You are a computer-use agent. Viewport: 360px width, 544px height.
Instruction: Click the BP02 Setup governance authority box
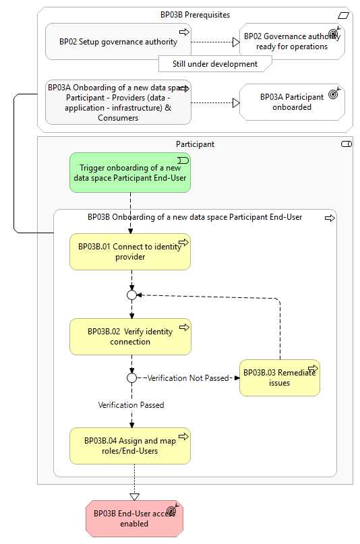coord(118,41)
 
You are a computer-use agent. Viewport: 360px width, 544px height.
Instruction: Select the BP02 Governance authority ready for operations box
coord(292,41)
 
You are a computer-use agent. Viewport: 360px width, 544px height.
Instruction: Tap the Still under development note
coord(215,64)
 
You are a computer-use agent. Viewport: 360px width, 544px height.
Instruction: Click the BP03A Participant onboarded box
coord(292,102)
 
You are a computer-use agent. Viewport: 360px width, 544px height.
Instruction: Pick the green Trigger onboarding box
coord(130,173)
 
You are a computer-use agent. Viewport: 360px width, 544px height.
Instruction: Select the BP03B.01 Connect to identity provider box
coord(130,251)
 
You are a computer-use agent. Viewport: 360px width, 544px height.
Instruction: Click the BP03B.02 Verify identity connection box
coord(130,336)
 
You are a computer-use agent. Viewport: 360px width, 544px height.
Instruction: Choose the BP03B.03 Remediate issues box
coord(280,377)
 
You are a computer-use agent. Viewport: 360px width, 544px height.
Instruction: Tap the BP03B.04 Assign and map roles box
coord(130,446)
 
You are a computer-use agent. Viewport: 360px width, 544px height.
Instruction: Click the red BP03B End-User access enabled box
coord(134,518)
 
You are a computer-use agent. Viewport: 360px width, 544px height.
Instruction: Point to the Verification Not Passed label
coord(188,377)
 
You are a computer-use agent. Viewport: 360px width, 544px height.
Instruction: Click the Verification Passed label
coord(131,405)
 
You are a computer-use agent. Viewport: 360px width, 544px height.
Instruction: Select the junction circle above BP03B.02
coord(131,295)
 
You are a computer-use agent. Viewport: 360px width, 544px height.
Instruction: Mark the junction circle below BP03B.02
coord(131,377)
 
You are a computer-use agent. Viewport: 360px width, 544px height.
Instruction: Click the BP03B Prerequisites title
coord(195,15)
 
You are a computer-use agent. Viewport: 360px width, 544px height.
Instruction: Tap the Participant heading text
coord(195,144)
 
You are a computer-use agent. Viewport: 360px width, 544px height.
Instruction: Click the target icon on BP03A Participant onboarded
coord(334,93)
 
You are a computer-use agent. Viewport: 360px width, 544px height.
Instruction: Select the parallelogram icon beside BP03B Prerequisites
coord(343,16)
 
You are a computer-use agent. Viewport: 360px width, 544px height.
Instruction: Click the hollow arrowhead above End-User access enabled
coord(135,497)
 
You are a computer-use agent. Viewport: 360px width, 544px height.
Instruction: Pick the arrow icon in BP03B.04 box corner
coord(184,436)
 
